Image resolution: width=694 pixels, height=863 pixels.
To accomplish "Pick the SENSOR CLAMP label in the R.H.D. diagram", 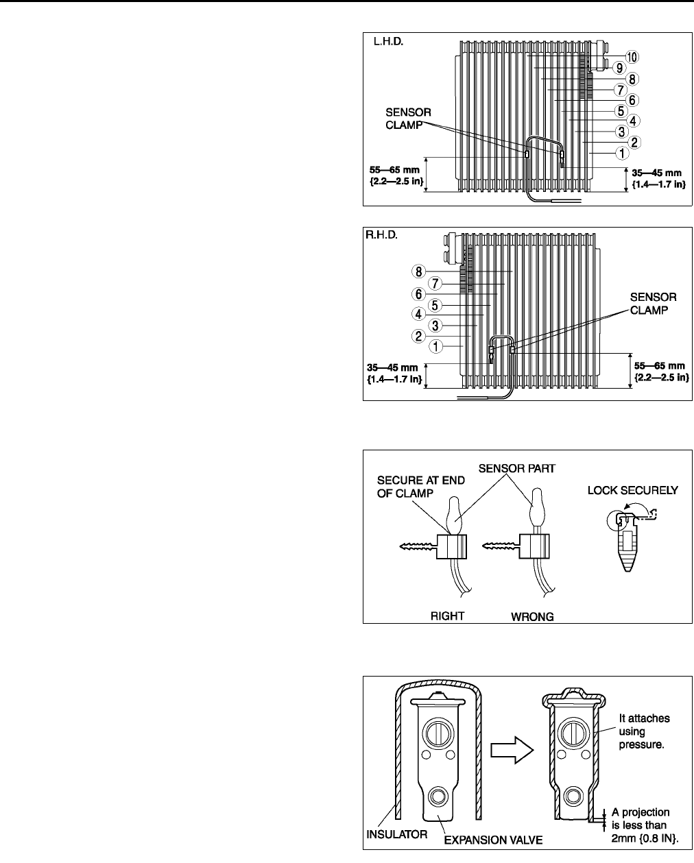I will click(x=653, y=303).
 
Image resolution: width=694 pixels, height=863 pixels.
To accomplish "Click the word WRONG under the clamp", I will click(x=533, y=616).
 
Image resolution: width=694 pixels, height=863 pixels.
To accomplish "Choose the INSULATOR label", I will click(x=396, y=835).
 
